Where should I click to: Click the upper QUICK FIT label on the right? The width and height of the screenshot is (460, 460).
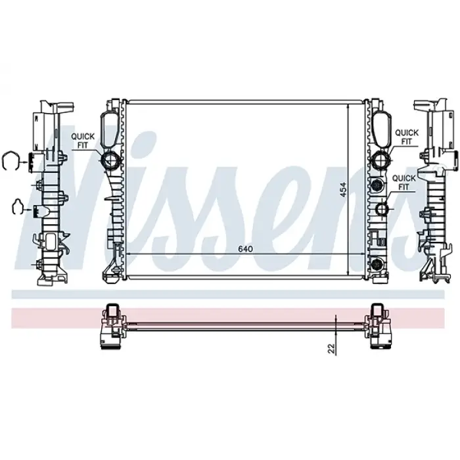[x=407, y=136]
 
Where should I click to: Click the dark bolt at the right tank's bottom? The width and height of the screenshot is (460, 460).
[x=377, y=265]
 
